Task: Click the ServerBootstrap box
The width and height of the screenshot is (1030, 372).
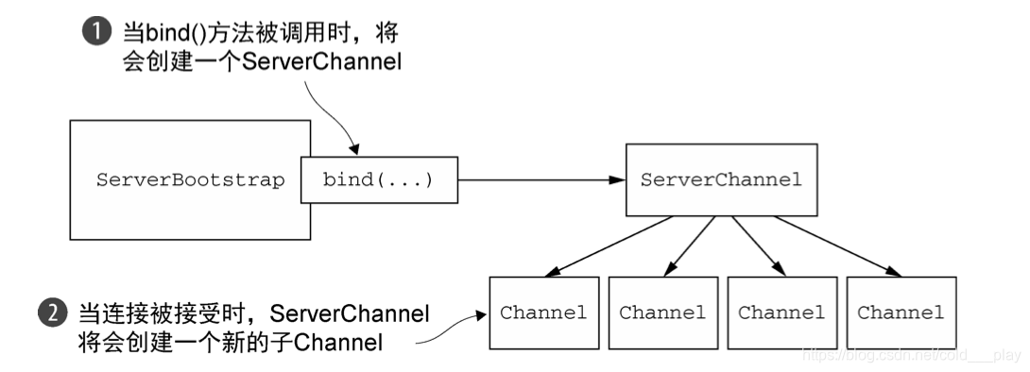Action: point(189,179)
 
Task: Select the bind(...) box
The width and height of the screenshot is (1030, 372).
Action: point(377,179)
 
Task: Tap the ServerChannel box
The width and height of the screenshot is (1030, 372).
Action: point(720,179)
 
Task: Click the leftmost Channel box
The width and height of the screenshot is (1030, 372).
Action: point(543,313)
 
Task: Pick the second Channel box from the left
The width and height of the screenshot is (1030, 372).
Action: point(662,313)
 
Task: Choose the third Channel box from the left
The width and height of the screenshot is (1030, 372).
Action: point(781,313)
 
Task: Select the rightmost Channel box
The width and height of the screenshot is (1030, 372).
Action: point(901,313)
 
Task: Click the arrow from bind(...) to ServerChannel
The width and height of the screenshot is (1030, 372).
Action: point(539,179)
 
